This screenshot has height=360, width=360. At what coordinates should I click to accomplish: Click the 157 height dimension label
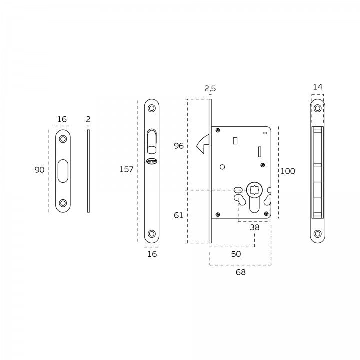tap(126, 169)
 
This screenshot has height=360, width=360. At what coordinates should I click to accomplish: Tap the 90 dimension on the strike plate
tap(39, 170)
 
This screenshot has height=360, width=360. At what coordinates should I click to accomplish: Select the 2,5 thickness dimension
tap(210, 88)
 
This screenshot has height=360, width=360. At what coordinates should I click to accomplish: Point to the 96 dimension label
tap(179, 146)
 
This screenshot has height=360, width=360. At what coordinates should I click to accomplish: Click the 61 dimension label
tap(178, 215)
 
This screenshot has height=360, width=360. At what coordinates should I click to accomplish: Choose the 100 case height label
tap(288, 171)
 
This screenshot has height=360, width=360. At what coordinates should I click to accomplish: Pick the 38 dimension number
tap(255, 227)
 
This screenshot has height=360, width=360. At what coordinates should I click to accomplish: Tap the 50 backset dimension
tap(236, 254)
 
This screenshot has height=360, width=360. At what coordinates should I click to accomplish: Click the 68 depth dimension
tap(241, 272)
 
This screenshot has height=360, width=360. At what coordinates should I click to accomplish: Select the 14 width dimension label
tap(318, 87)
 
